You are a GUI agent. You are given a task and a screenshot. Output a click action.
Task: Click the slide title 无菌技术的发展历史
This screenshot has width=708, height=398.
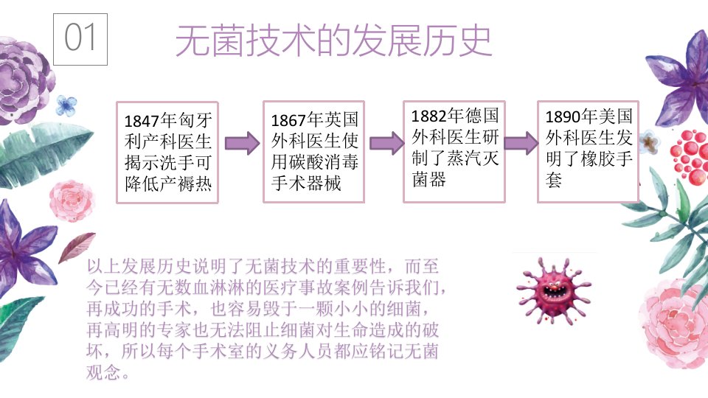pyautogui.click(x=333, y=41)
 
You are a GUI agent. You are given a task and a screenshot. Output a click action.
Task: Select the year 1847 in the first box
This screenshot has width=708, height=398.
pyautogui.click(x=142, y=121)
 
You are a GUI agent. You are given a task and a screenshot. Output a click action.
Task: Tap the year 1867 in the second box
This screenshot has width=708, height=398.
pyautogui.click(x=288, y=120)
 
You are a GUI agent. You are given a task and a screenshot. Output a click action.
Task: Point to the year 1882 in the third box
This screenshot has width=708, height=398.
pyautogui.click(x=428, y=116)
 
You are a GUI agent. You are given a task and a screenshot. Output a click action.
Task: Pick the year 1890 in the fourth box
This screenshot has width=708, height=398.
pyautogui.click(x=563, y=117)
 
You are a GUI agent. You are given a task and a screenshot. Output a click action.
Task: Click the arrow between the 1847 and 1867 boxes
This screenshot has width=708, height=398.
pyautogui.click(x=242, y=143)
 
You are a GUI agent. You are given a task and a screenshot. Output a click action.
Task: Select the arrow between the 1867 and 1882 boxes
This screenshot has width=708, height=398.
pyautogui.click(x=386, y=143)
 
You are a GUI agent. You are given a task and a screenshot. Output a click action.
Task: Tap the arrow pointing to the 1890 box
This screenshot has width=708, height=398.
pyautogui.click(x=521, y=143)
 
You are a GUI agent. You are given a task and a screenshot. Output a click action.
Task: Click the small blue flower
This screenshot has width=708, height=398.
pyautogui.click(x=66, y=105)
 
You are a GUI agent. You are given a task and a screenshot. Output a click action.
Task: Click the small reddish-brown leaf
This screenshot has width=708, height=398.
pyautogui.click(x=77, y=247)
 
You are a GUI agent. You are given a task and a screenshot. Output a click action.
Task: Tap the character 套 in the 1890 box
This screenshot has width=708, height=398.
pyautogui.click(x=554, y=180)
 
